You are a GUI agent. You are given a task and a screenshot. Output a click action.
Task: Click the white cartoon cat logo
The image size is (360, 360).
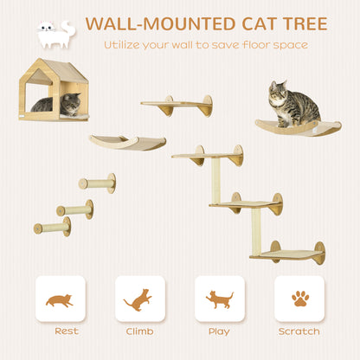pyautogui.click(x=55, y=34)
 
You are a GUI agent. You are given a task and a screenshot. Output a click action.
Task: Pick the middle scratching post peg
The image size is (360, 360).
pyautogui.click(x=74, y=209)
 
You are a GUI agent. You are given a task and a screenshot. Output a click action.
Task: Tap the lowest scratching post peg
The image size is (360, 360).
pyautogui.click(x=53, y=228)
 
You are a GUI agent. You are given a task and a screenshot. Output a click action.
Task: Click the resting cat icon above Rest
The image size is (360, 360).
pyautogui.click(x=60, y=300)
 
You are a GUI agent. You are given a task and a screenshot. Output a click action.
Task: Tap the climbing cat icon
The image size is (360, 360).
pyautogui.click(x=139, y=299)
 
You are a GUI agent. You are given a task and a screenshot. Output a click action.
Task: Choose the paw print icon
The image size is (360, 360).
pyautogui.click(x=299, y=299)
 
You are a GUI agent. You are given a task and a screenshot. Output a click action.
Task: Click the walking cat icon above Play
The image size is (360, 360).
pyautogui.click(x=219, y=299)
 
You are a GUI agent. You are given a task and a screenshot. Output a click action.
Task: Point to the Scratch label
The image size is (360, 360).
pyautogui.click(x=299, y=331)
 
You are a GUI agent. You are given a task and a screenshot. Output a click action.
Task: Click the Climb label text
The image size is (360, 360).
pyautogui.click(x=139, y=331)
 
